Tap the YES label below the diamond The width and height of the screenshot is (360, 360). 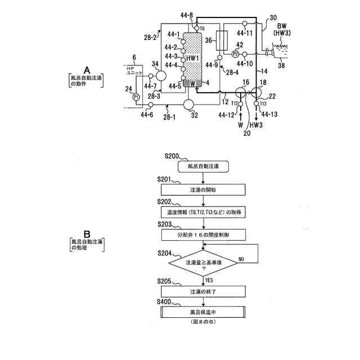(x=209, y=280)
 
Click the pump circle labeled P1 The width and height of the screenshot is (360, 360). (x=136, y=97)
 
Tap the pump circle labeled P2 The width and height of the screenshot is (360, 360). (x=235, y=53)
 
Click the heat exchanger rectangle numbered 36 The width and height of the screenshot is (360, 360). (x=224, y=41)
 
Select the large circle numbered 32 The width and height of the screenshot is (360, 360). (x=188, y=105)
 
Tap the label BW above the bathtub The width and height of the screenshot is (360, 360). (x=280, y=26)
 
